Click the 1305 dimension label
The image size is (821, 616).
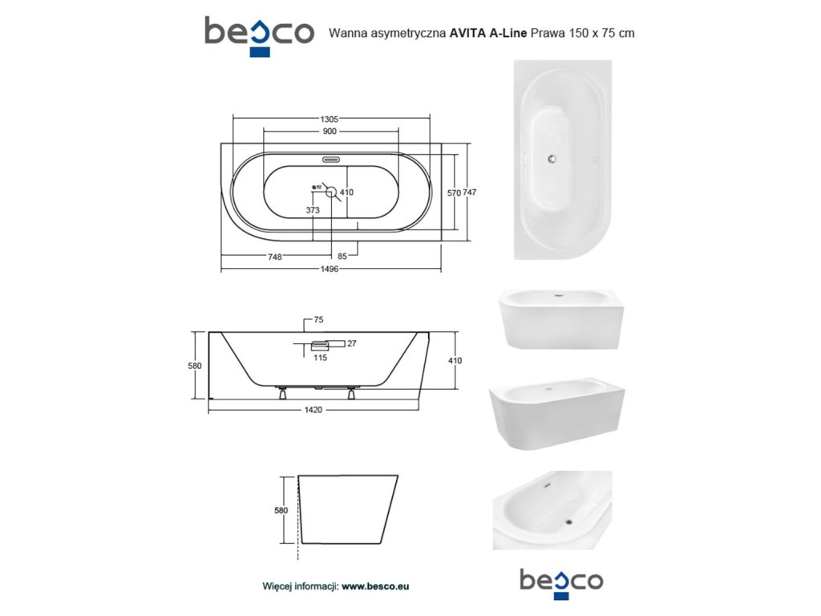tap(330, 119)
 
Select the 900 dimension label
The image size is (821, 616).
tap(330, 131)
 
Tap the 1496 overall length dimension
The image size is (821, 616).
tap(330, 269)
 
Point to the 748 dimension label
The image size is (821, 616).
tap(275, 257)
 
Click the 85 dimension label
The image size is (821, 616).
tap(342, 256)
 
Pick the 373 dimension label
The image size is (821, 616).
tap(313, 210)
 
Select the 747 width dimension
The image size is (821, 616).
tap(470, 192)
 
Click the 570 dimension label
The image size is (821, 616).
tap(454, 192)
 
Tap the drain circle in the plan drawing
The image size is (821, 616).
tap(331, 192)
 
